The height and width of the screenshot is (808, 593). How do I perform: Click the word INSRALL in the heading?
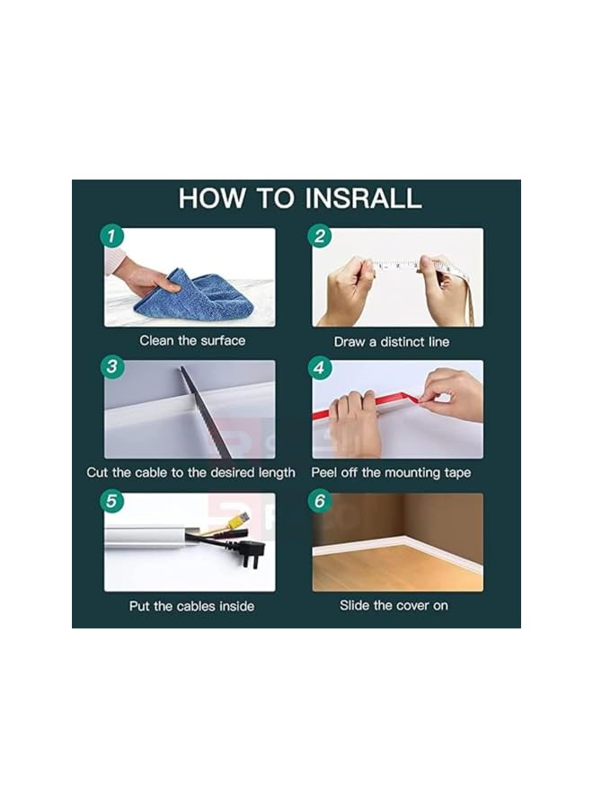(x=362, y=198)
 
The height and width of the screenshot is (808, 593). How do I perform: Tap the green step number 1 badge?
(x=112, y=235)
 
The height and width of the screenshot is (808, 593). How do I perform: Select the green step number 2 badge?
(x=320, y=235)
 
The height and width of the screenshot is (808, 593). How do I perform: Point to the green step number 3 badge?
(x=112, y=367)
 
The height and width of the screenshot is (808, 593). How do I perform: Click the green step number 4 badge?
(x=320, y=367)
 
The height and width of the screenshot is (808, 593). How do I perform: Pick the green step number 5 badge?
(x=112, y=500)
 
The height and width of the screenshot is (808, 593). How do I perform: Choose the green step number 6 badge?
(x=320, y=500)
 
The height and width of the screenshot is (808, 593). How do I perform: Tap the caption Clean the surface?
(x=192, y=340)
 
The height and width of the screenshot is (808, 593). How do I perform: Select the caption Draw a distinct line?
(x=392, y=342)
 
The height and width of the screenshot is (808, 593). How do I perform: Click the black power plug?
(x=251, y=551)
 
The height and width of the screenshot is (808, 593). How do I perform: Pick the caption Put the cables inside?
(x=191, y=606)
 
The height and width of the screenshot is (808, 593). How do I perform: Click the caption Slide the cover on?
(x=394, y=605)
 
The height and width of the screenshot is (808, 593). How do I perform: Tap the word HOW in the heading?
(x=212, y=198)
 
